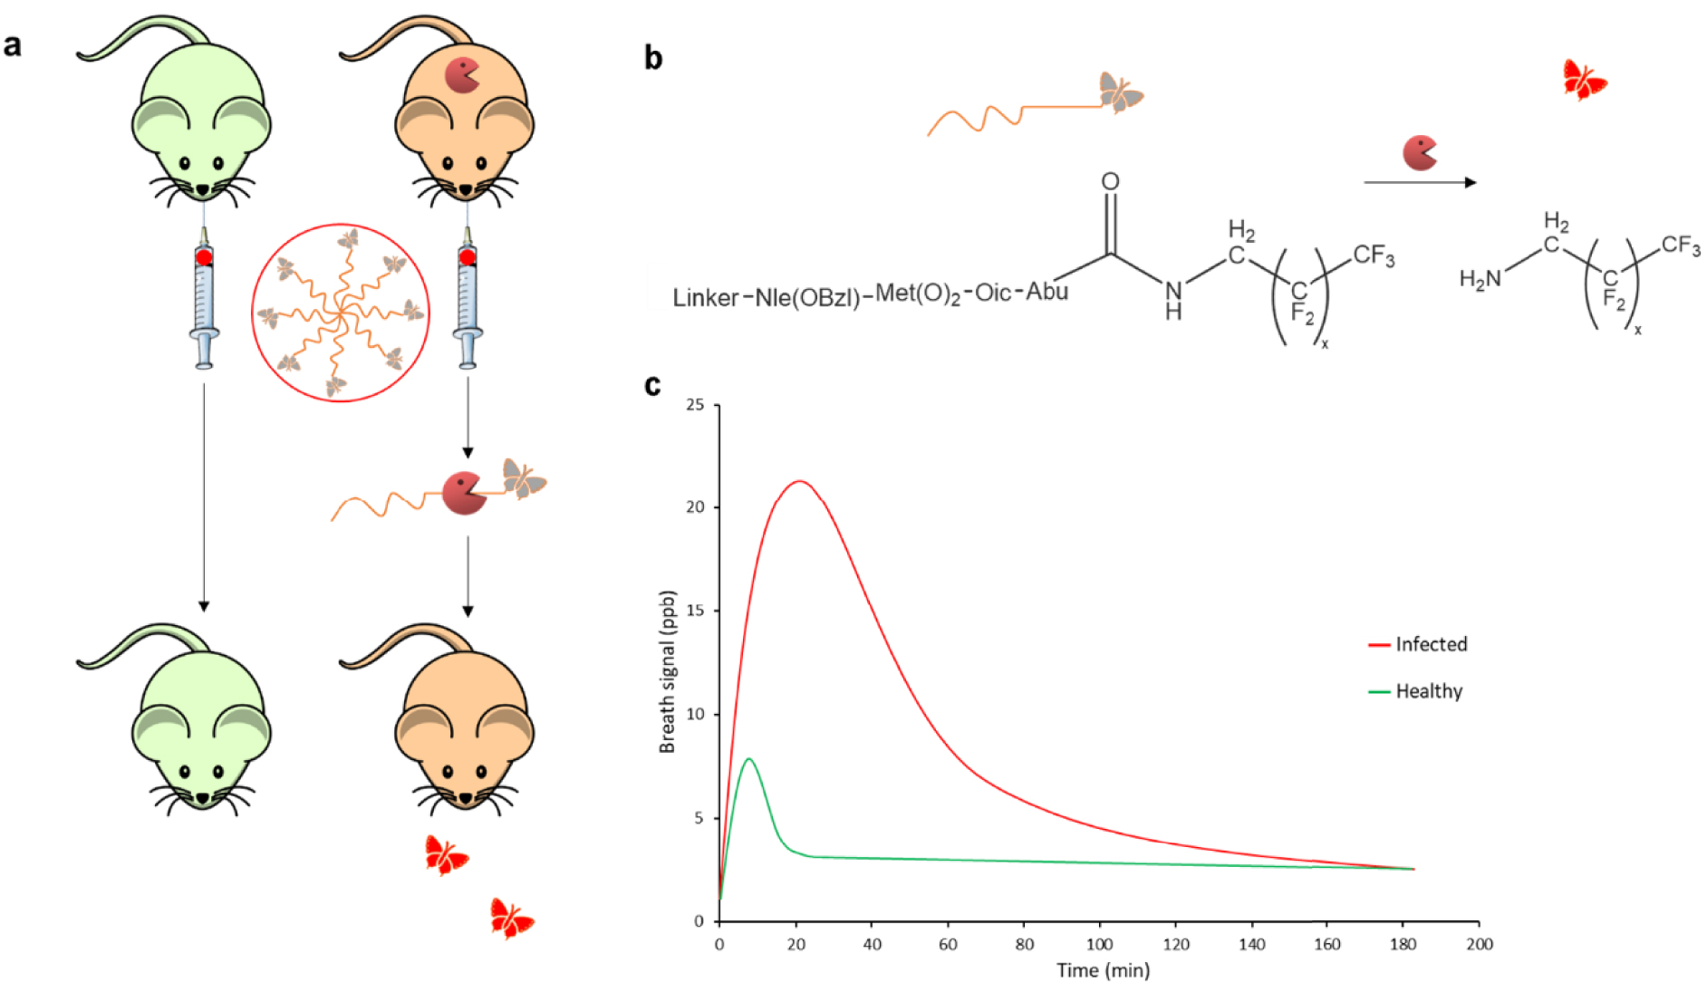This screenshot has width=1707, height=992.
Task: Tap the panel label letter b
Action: tap(652, 58)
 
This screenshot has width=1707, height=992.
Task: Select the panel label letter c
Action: tap(652, 386)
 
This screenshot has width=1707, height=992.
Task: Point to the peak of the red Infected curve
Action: tap(798, 481)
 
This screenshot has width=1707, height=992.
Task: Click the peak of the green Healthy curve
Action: tap(748, 759)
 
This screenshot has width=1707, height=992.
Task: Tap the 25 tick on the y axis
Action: tap(695, 405)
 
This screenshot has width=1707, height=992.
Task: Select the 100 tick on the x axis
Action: tap(1099, 944)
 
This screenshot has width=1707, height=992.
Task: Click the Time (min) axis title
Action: tap(1103, 971)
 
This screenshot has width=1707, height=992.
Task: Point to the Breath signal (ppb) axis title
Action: tap(668, 671)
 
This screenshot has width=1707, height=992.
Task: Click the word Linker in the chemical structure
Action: tap(706, 298)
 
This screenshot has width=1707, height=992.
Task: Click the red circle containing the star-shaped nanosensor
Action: tap(340, 313)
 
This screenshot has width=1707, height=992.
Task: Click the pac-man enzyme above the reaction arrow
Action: tap(1419, 153)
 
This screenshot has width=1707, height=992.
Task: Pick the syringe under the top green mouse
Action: tap(204, 299)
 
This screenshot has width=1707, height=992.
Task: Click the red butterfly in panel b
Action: tap(1583, 80)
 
